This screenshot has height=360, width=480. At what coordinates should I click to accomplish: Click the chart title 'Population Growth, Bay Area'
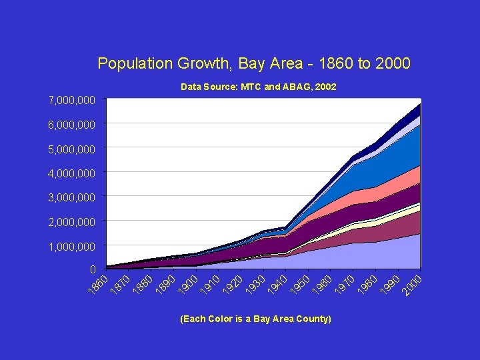(x=253, y=63)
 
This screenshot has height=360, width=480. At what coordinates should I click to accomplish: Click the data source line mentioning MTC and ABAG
(x=259, y=87)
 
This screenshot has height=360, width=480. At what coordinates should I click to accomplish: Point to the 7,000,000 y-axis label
(x=72, y=100)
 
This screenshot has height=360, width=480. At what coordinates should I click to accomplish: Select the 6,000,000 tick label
(x=72, y=125)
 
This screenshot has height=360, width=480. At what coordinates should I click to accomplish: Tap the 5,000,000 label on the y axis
(x=72, y=149)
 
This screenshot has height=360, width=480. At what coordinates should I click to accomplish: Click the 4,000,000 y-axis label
(x=72, y=173)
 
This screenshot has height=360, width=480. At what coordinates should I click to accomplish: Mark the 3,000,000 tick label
(x=72, y=197)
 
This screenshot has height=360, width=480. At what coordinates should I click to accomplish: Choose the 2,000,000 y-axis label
(x=72, y=221)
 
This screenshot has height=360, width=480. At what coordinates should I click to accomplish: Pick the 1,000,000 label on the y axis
(x=72, y=247)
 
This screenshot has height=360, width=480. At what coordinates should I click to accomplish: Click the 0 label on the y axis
(x=93, y=269)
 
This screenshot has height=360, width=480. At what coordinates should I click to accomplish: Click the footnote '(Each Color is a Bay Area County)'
(x=255, y=319)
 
